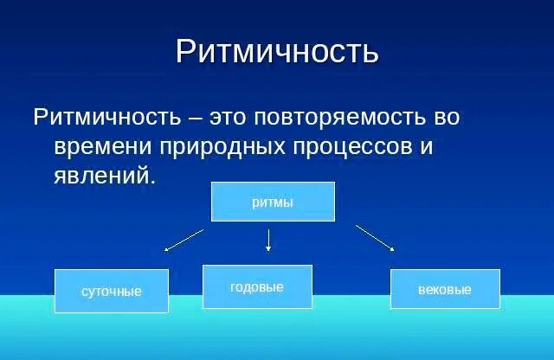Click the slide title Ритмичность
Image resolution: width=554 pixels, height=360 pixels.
[277, 51]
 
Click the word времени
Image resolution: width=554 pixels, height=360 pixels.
[106, 146]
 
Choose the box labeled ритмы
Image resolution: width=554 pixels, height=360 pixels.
[273, 202]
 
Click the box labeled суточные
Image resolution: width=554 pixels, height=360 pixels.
[111, 291]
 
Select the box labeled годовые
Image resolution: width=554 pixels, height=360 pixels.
[257, 286]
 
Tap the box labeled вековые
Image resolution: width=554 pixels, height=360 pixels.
[445, 289]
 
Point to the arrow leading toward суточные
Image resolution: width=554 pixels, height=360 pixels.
[184, 241]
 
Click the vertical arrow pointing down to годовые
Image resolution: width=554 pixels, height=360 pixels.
[268, 240]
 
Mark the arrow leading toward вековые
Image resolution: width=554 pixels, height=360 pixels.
[375, 238]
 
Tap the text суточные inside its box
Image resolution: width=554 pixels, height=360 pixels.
[111, 292]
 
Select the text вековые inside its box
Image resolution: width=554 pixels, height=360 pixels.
[445, 290]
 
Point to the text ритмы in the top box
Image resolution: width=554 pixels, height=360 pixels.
[273, 202]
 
